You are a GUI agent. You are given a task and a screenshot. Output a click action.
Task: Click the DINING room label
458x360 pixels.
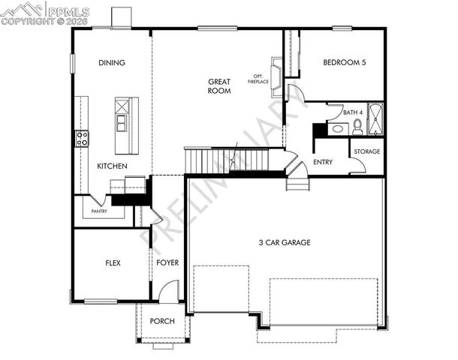click(111, 63)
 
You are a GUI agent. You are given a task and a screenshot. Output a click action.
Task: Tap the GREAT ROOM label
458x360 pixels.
click(220, 85)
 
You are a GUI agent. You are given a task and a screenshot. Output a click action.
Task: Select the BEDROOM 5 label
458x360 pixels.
click(345, 63)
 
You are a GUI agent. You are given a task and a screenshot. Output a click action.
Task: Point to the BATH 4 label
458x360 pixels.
click(352, 112)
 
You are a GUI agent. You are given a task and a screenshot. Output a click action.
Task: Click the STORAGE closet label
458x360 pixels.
click(367, 151)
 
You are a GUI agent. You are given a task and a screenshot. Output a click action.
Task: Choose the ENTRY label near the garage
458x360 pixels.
click(323, 161)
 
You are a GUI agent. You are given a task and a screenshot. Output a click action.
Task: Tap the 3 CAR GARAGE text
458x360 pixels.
click(285, 242)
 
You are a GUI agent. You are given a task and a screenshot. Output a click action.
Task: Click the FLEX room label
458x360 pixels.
click(113, 263)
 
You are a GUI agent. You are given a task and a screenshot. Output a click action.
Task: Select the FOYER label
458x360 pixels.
click(167, 263)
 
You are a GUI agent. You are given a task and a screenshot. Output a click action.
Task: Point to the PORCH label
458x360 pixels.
click(162, 321)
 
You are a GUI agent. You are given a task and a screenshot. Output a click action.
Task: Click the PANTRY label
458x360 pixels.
click(98, 211)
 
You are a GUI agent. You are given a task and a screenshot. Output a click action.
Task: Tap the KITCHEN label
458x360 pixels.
click(112, 166)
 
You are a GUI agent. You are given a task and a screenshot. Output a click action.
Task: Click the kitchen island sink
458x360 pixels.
click(120, 119)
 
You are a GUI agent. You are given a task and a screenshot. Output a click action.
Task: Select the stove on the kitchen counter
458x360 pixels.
click(81, 138)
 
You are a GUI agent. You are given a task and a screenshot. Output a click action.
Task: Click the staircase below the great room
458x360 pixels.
click(225, 160)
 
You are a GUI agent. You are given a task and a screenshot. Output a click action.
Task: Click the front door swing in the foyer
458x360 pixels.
click(170, 291)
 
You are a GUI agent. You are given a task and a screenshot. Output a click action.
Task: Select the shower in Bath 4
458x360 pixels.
click(375, 120)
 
